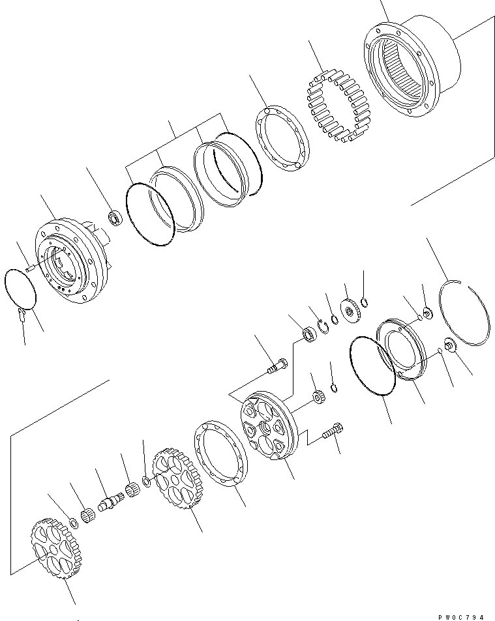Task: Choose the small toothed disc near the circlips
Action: coord(352,308)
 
